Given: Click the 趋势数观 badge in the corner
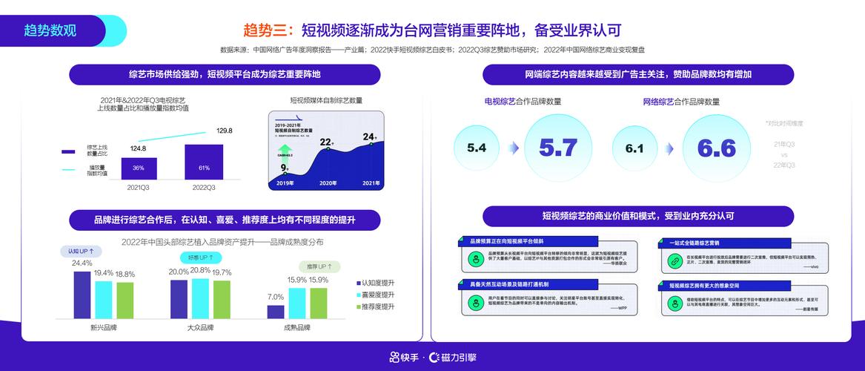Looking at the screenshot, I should tap(52, 30).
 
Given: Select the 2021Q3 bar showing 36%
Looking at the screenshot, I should tap(138, 168).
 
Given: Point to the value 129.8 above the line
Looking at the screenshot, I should tap(225, 131).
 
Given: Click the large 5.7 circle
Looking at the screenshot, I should tap(557, 148).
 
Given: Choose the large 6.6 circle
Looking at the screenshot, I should tap(716, 148).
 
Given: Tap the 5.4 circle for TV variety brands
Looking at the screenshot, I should tap(477, 148).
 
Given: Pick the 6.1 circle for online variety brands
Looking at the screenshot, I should tap(634, 148).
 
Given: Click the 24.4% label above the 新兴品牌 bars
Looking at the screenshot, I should tap(82, 263).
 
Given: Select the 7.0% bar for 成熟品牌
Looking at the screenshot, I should tap(276, 312).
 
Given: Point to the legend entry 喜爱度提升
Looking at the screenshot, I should tap(377, 295).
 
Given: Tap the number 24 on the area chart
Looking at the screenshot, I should tap(369, 137).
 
